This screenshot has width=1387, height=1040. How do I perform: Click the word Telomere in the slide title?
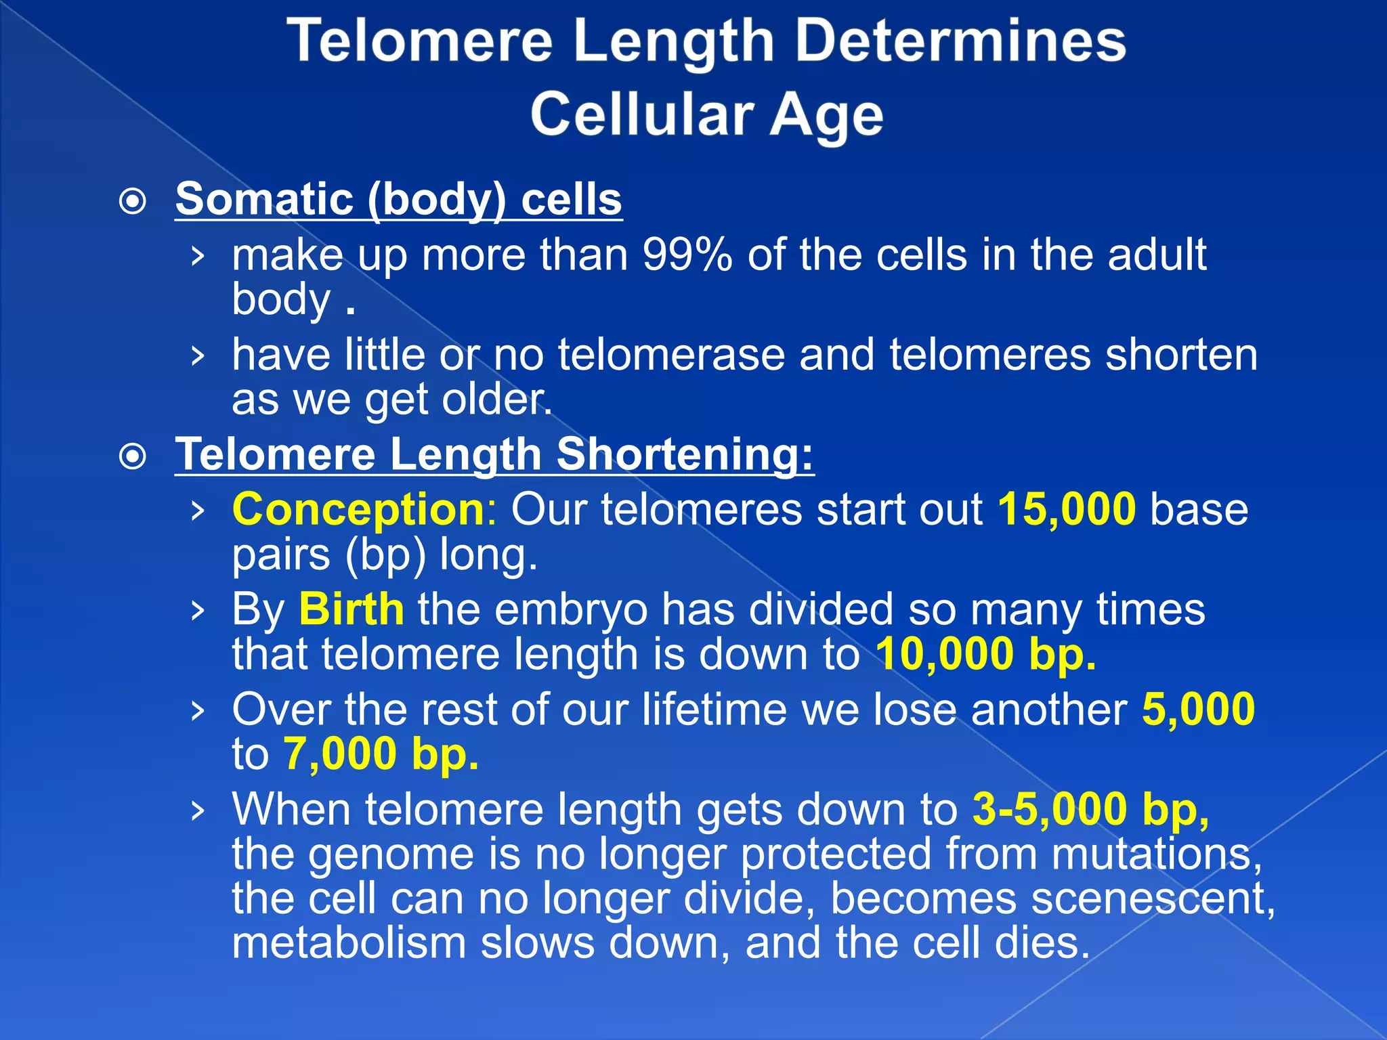[x=420, y=42]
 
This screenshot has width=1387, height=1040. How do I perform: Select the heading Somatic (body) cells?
[x=398, y=199]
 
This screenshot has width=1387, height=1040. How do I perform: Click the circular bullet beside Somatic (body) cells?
[x=133, y=201]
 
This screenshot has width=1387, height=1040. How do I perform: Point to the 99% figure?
[x=687, y=256]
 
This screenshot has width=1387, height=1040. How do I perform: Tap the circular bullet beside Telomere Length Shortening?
[x=133, y=456]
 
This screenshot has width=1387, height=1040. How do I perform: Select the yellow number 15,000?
[x=1067, y=509]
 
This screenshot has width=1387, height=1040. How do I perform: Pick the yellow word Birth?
[x=351, y=609]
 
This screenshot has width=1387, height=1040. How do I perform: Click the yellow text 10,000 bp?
[x=985, y=654]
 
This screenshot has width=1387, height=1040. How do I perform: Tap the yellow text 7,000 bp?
[x=381, y=754]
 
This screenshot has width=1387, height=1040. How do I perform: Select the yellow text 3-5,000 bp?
[x=1090, y=810]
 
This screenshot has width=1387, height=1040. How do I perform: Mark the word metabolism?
[x=349, y=944]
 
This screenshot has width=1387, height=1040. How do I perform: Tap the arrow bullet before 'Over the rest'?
[x=197, y=711]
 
